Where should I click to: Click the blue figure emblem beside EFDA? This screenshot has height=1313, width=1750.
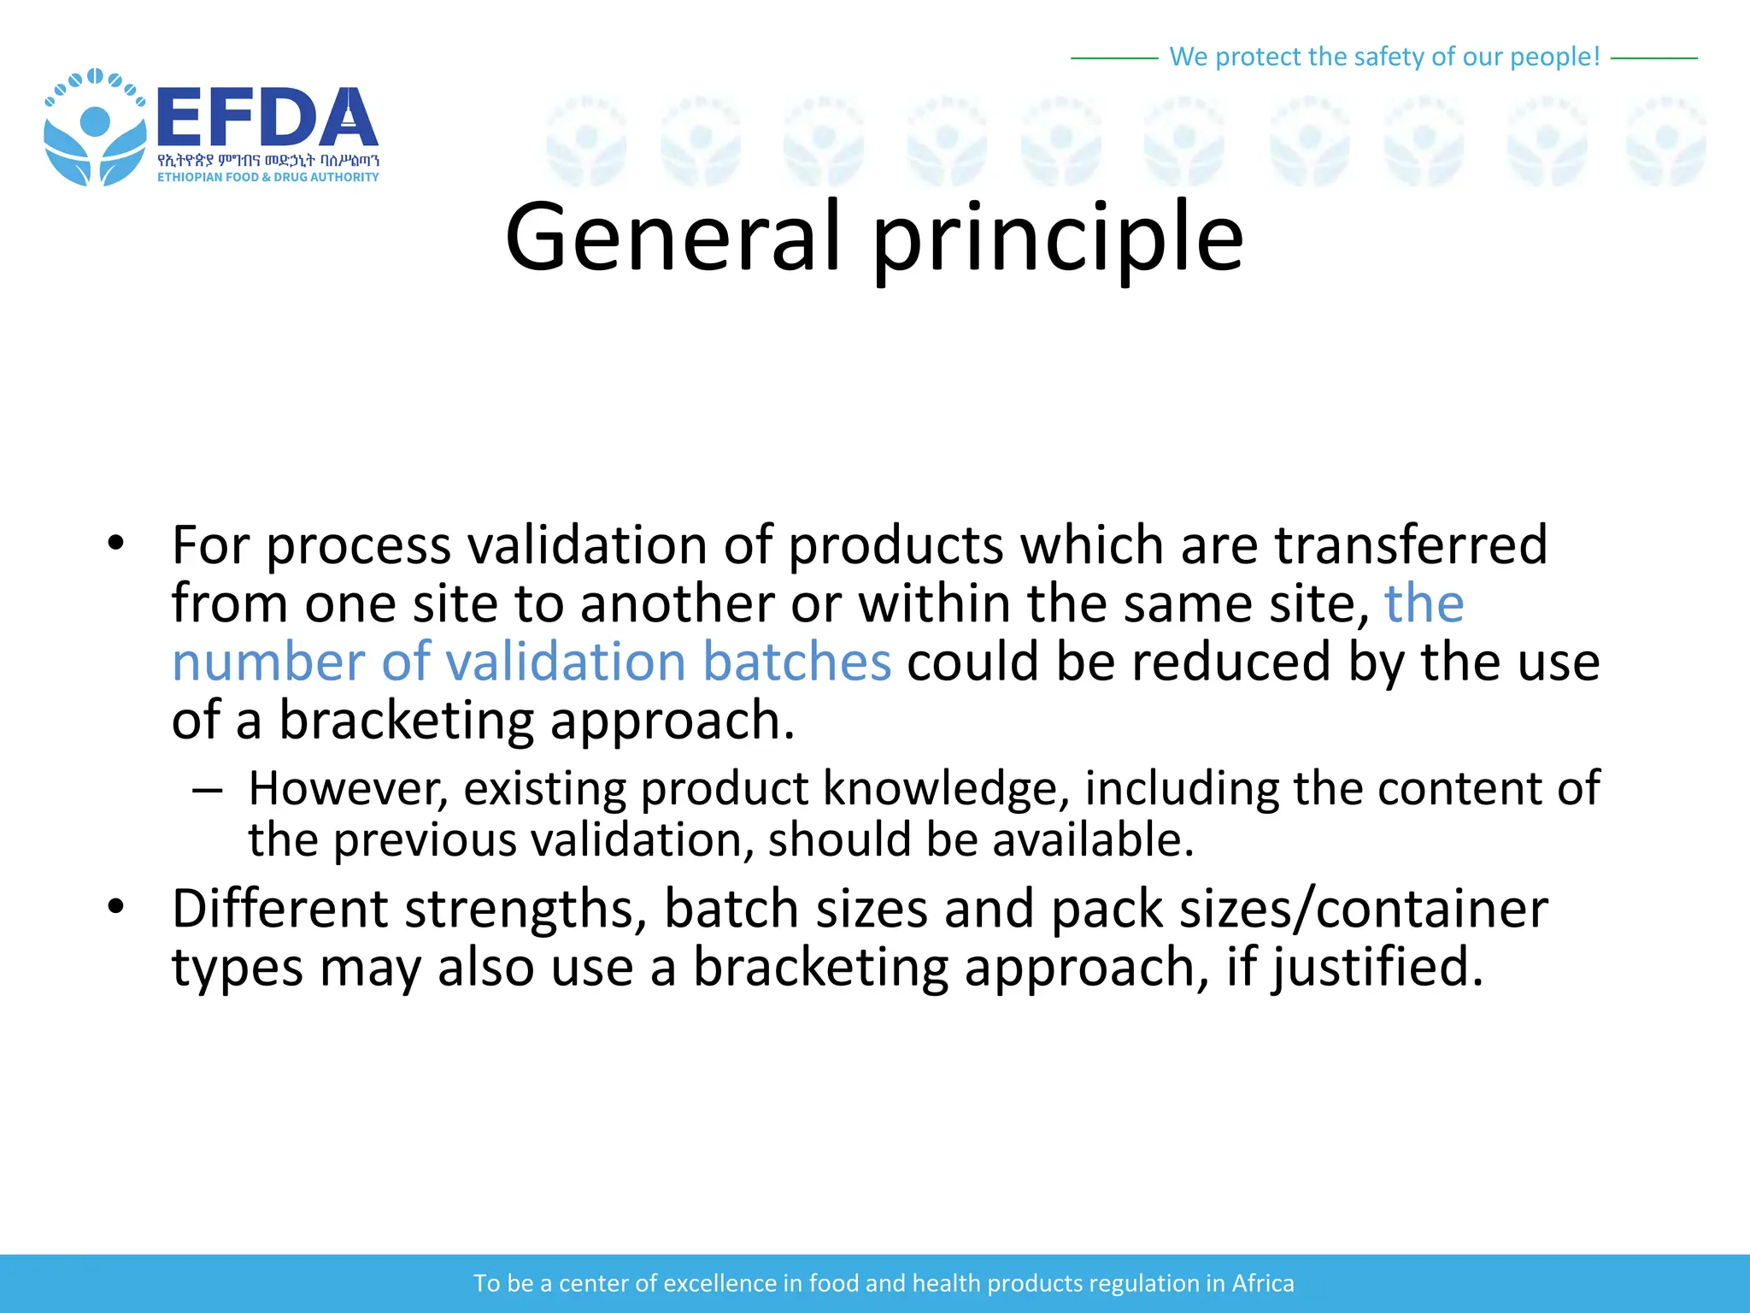[94, 128]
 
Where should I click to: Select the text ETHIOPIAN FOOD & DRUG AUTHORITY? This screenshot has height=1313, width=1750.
[267, 177]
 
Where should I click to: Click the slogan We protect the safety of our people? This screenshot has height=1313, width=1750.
[1383, 57]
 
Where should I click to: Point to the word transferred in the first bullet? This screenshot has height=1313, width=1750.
[1411, 545]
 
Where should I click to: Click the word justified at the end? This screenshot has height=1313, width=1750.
[1377, 968]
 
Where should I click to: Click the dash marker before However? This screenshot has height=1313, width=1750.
[207, 790]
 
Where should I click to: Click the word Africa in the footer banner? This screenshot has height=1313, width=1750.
[1262, 1283]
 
